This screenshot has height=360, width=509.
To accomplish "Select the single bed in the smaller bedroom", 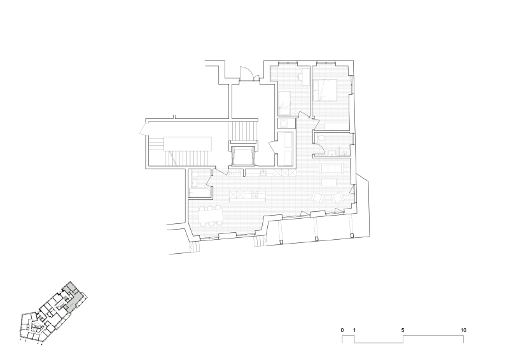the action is [x=284, y=103].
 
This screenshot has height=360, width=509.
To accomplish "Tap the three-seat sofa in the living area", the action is [x=331, y=169].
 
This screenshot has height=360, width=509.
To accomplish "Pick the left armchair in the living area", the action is [x=317, y=197].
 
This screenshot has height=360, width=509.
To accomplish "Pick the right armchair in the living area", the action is [x=338, y=197].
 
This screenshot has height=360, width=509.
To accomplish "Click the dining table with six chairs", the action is [x=211, y=216].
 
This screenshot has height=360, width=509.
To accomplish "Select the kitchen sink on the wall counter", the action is [x=263, y=173].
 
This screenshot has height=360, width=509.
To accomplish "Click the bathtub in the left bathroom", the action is [x=200, y=193].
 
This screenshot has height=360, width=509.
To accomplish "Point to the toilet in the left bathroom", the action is [x=195, y=176].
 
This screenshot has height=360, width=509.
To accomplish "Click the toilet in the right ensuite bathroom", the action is [x=321, y=138].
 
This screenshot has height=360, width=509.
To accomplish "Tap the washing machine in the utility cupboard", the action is [x=284, y=123].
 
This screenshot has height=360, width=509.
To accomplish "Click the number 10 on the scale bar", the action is [x=463, y=330].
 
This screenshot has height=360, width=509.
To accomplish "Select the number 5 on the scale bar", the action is [x=403, y=330].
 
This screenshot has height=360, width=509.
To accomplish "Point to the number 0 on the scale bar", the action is [x=342, y=330].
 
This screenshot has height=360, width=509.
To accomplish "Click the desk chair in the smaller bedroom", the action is [x=300, y=77].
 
